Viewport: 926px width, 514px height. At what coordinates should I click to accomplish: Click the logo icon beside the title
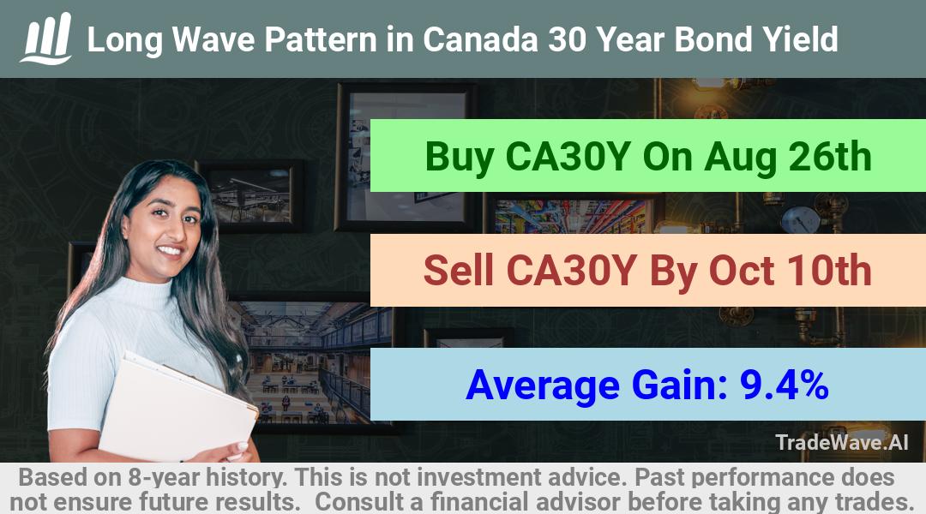(x=46, y=39)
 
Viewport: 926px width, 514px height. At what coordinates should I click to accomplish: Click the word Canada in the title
(x=480, y=39)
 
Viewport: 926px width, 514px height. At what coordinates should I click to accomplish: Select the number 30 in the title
(x=567, y=39)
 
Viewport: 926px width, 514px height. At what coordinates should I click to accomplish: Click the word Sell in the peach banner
(x=458, y=271)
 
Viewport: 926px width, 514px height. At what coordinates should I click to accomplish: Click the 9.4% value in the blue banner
(x=784, y=385)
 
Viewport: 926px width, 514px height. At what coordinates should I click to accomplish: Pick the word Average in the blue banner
(x=542, y=385)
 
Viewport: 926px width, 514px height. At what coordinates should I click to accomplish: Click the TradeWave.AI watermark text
(x=842, y=443)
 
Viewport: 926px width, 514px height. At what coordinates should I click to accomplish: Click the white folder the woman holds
(x=177, y=407)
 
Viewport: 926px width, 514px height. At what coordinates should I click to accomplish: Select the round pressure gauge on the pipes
(x=800, y=219)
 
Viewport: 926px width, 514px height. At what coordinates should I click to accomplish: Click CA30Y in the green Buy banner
(x=568, y=157)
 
